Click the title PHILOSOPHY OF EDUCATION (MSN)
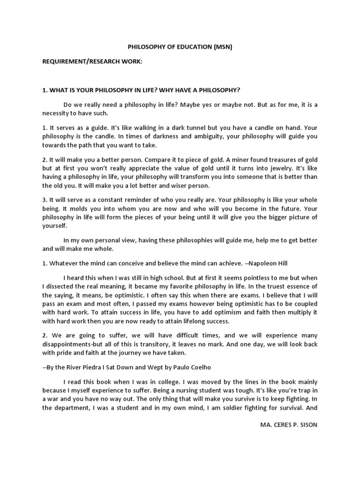click(180, 47)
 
